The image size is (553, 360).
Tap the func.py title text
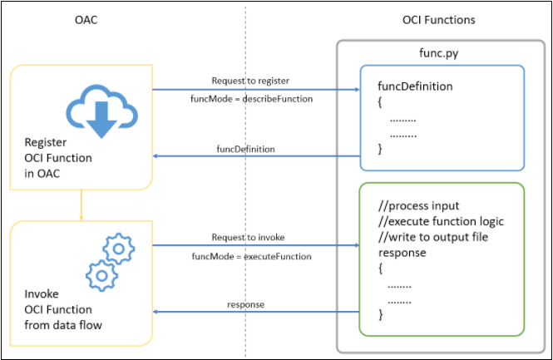coord(437,52)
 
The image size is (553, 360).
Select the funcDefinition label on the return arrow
coord(246,148)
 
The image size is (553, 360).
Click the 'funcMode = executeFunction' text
coord(250,256)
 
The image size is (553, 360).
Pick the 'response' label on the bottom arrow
coord(245,304)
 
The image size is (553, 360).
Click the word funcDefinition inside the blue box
coord(415,86)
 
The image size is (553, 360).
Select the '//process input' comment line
coord(418,206)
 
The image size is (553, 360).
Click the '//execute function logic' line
coord(441,221)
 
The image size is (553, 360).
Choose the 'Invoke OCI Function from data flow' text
coord(63,309)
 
